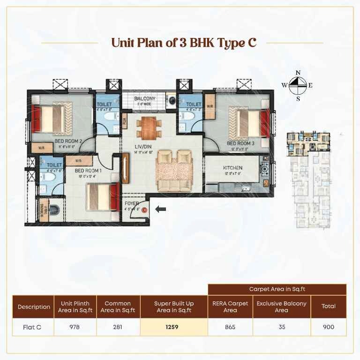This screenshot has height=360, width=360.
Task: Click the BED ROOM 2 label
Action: (68, 141)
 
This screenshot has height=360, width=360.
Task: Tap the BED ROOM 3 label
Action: (240, 143)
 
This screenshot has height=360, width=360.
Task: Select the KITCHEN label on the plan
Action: (232, 167)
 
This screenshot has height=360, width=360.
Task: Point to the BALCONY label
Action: (145, 98)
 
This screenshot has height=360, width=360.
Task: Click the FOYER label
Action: (131, 204)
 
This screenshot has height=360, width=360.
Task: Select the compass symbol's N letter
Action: (297, 73)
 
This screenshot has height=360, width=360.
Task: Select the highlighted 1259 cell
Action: (173, 327)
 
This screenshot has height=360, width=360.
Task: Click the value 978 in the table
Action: (75, 327)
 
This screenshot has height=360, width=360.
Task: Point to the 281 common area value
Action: (118, 327)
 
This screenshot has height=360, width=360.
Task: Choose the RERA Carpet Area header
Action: (230, 307)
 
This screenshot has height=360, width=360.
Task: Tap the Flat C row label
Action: (32, 327)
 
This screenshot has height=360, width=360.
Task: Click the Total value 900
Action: (329, 327)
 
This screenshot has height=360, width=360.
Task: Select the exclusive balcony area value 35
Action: (281, 327)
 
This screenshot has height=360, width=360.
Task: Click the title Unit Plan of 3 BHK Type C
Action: (184, 43)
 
